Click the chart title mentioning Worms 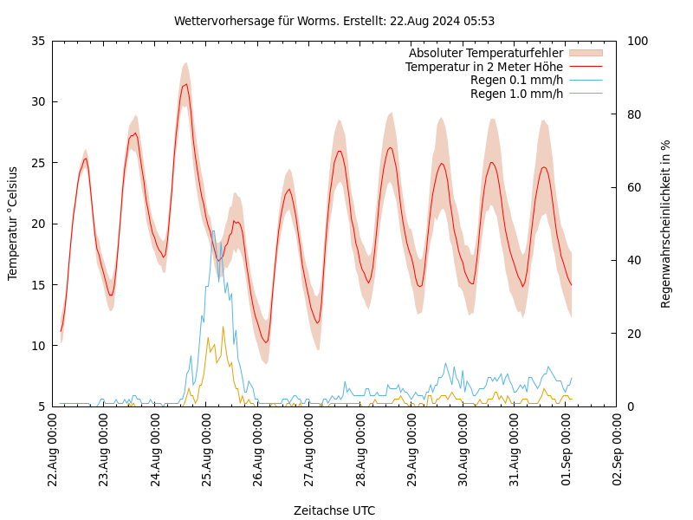334,21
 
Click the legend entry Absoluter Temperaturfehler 486,54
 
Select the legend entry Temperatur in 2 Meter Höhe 484,67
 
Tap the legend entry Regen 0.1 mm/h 516,80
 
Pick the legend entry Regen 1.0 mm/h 516,94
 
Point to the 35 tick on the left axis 37,41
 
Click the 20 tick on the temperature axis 37,224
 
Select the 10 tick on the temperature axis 37,346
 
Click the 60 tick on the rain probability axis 633,187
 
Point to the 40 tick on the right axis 633,260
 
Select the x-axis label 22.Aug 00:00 53,452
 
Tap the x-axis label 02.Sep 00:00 617,452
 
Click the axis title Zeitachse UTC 334,510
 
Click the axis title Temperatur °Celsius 13,224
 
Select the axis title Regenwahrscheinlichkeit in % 666,224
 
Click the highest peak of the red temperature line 185,84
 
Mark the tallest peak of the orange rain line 223,327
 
